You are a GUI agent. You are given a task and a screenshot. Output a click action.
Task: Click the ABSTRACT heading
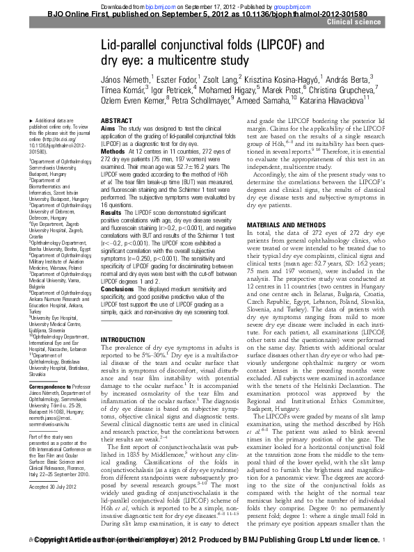[x=116, y=121]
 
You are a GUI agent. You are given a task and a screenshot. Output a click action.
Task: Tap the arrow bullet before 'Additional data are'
[x=31, y=122]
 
